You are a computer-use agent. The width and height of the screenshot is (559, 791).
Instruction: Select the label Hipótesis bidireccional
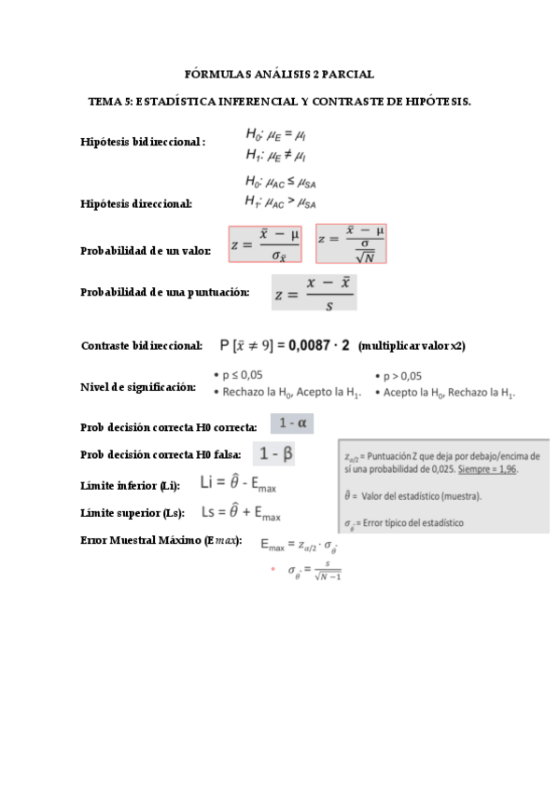[143, 142]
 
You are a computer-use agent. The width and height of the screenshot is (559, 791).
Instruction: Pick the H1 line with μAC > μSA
[281, 201]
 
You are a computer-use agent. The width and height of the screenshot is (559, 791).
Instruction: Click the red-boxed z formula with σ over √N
[352, 243]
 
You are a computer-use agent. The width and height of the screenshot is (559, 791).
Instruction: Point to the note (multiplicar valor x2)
[412, 346]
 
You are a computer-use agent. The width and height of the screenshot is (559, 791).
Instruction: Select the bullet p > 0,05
[403, 376]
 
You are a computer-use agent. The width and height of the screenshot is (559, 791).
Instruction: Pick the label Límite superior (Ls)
[133, 513]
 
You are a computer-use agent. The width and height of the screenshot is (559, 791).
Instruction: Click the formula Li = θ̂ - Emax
[239, 484]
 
